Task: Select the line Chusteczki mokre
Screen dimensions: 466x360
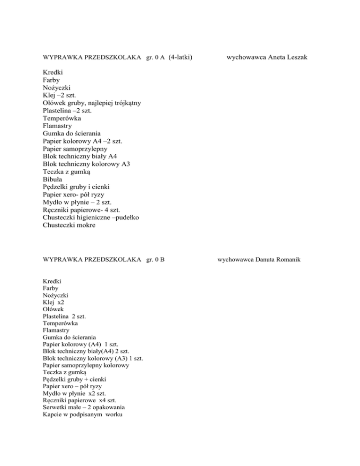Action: click(x=68, y=225)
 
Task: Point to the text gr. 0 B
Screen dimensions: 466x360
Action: click(x=155, y=258)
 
